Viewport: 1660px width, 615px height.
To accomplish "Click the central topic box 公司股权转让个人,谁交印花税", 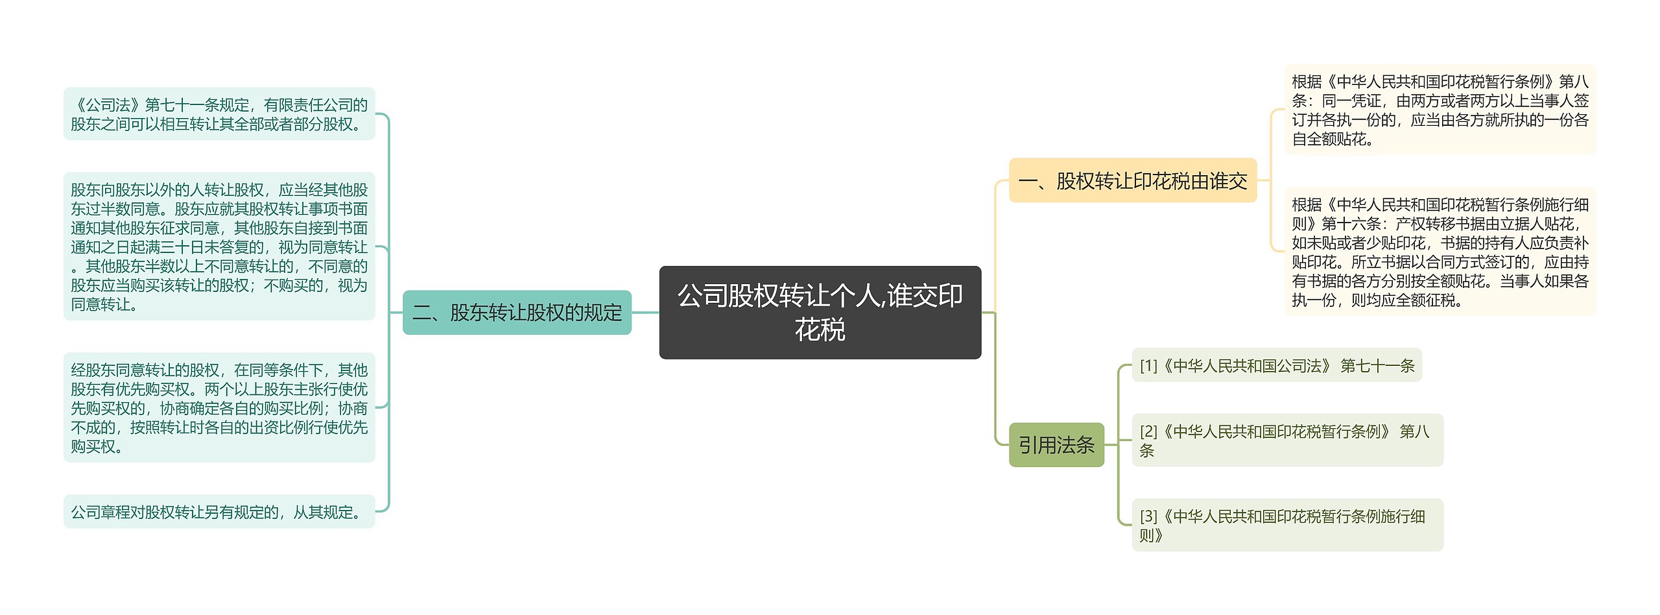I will tap(820, 312).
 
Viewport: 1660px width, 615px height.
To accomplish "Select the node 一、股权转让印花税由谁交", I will tap(1132, 180).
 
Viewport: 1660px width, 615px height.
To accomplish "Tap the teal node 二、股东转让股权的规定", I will tap(517, 313).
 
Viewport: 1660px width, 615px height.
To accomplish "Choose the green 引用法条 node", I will tap(1056, 445).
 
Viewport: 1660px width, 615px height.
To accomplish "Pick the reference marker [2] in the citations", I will tap(1148, 431).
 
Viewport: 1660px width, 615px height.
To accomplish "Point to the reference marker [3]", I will tap(1148, 516).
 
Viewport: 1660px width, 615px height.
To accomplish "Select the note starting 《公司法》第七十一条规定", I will tap(219, 114).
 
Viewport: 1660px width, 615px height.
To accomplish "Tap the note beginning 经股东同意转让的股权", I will tap(219, 408).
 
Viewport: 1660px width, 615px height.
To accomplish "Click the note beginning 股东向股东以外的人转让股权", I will tap(219, 247).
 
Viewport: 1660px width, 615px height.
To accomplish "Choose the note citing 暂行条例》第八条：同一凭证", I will tap(1440, 110).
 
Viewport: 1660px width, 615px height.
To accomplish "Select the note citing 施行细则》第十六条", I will tap(1440, 252).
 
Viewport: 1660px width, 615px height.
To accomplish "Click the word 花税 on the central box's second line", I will tap(820, 330).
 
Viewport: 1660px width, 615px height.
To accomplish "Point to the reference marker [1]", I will tap(1148, 367).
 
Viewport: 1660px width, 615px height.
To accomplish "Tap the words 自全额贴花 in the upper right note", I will tap(1329, 139).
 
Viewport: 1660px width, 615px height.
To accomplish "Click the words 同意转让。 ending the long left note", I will tap(104, 304).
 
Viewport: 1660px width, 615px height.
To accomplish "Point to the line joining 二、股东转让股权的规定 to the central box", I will tap(645, 313).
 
